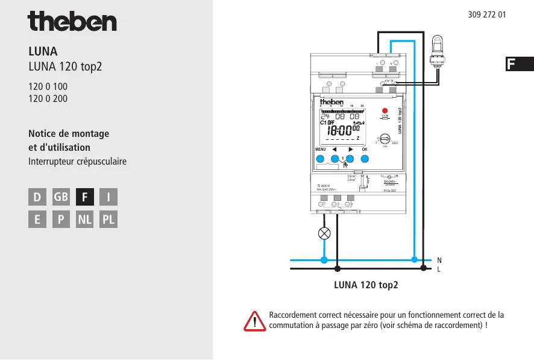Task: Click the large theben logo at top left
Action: [72, 22]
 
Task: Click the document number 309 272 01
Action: [486, 14]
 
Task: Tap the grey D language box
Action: [37, 197]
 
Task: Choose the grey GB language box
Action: [61, 197]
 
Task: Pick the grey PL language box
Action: [108, 220]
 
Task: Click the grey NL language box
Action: [85, 220]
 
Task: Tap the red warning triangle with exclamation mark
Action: [255, 321]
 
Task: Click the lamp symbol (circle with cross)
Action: [324, 233]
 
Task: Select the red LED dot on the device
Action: [385, 111]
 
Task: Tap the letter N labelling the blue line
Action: [439, 260]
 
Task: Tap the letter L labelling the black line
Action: [439, 269]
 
